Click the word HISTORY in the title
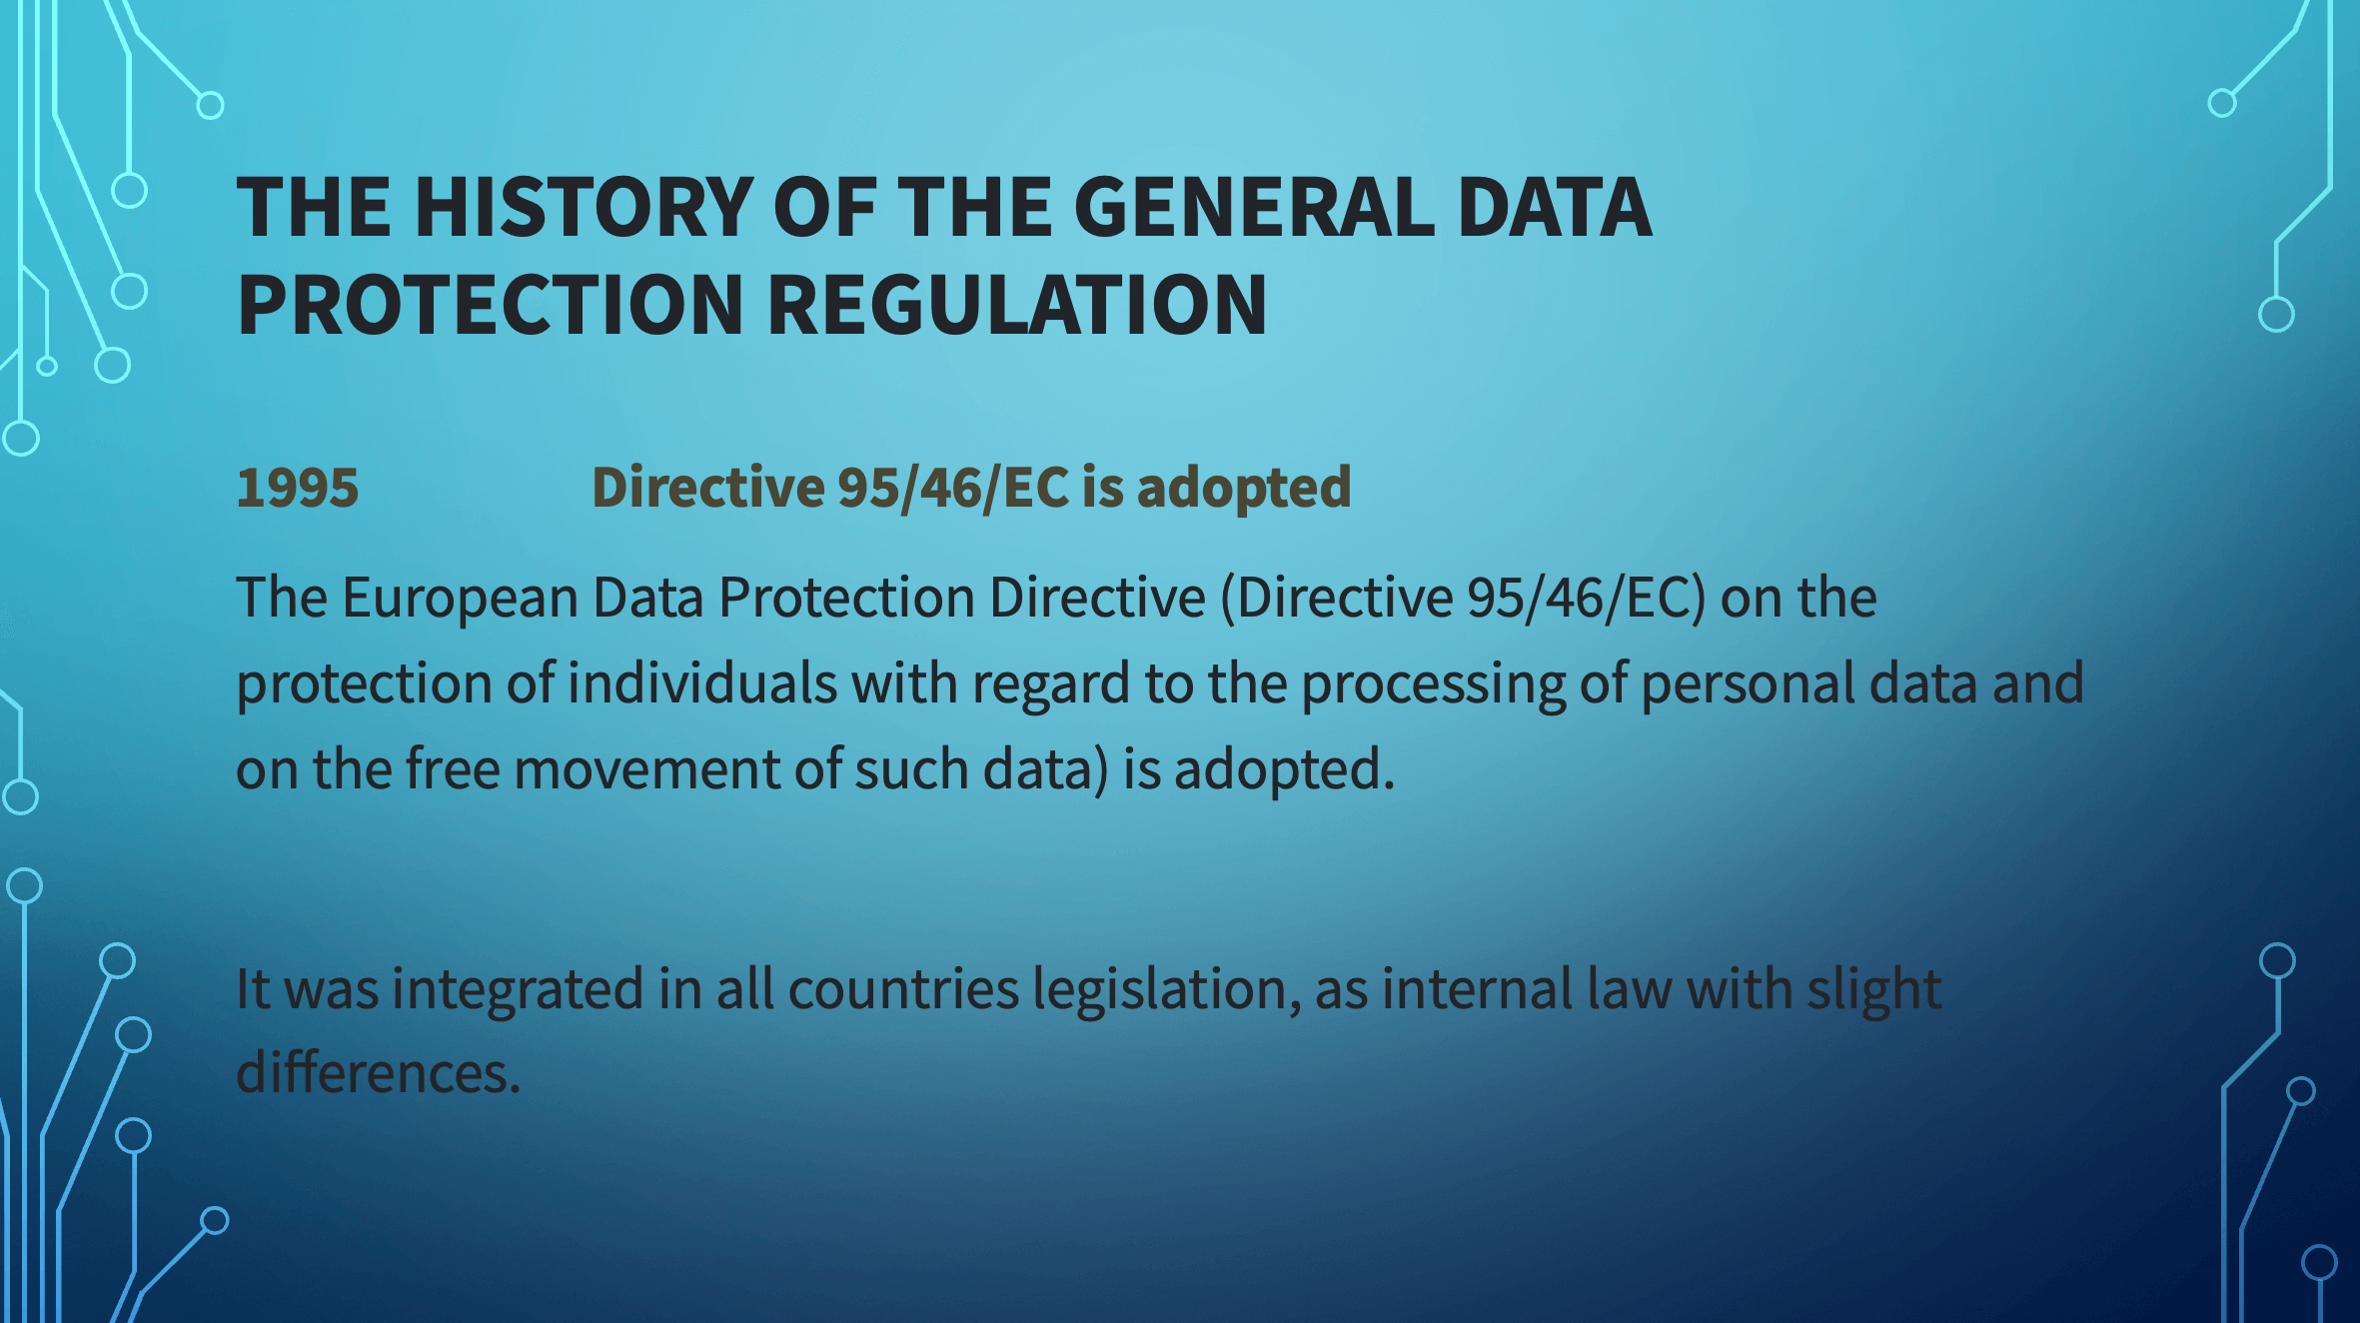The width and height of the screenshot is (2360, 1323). tap(585, 207)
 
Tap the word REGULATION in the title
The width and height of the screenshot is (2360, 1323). tap(1017, 305)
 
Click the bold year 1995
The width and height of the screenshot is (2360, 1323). tap(298, 488)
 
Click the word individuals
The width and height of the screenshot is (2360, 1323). tap(702, 683)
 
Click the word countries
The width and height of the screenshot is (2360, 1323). tap(904, 989)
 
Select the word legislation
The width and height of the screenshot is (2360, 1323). tap(1168, 990)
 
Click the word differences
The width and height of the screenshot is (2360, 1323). tap(379, 1073)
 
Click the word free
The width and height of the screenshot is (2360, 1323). tap(453, 769)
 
